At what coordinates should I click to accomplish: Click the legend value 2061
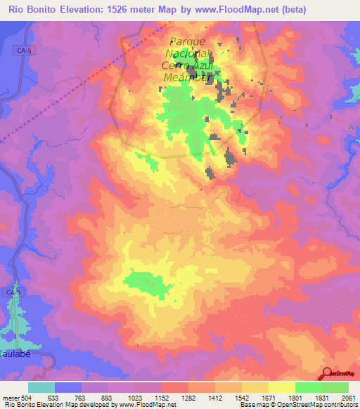pyautogui.click(x=348, y=397)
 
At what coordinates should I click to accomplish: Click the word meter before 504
pyautogui.click(x=10, y=397)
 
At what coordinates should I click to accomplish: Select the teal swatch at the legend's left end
pyautogui.click(x=41, y=387)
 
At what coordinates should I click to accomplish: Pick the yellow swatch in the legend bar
pyautogui.click(x=281, y=387)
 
